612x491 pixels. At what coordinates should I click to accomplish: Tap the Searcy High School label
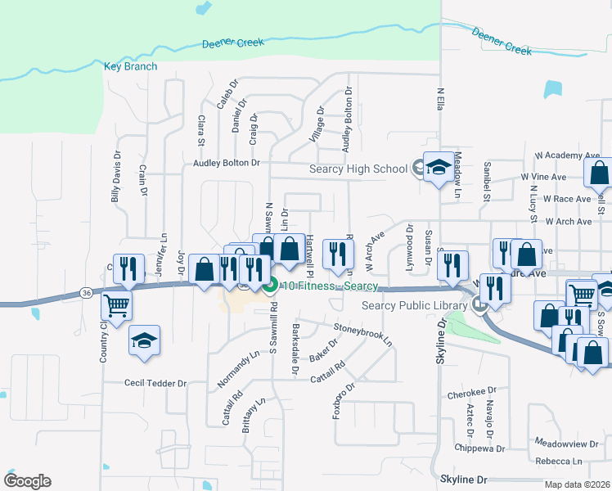[x=358, y=169]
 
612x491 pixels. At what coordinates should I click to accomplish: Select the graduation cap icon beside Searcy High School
[x=438, y=169]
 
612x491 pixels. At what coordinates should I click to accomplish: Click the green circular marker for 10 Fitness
[x=271, y=285]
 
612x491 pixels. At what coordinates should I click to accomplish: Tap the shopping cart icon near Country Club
[x=117, y=305]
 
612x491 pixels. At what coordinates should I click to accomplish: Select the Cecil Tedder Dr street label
[x=155, y=382]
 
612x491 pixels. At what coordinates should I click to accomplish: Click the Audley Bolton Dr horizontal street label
[x=226, y=163]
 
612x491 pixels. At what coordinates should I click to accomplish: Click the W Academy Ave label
[x=567, y=155]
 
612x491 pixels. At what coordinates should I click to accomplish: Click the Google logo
[x=27, y=481]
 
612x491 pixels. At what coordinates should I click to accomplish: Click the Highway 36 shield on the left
[x=86, y=291]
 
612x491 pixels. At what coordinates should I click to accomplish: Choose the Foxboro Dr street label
[x=344, y=400]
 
